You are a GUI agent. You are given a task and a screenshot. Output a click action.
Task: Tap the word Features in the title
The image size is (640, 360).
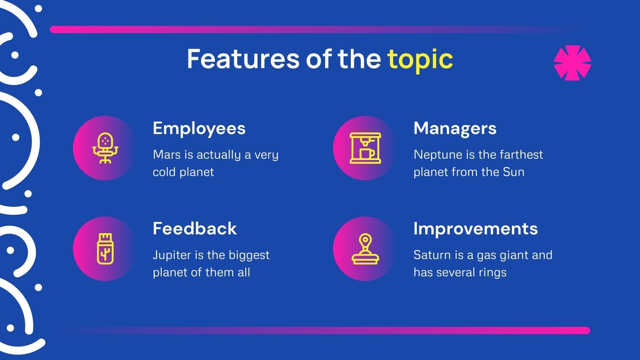[243, 59]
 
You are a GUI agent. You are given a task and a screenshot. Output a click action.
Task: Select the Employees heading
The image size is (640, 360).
[199, 129]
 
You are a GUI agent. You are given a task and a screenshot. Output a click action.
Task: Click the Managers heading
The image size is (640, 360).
[455, 129]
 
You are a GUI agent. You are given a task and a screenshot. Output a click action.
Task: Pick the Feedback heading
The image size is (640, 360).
[194, 229]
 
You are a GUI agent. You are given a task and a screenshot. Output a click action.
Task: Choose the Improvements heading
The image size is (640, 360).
[475, 229]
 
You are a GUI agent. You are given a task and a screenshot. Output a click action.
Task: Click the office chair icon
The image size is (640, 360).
[105, 148]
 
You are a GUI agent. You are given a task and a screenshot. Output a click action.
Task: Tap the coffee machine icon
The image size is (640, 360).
[365, 148]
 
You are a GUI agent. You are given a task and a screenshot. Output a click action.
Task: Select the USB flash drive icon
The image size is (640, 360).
[105, 249]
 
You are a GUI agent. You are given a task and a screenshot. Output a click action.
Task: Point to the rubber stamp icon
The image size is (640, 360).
[365, 249]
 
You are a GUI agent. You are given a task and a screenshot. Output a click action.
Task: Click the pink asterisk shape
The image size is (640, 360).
[572, 63]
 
